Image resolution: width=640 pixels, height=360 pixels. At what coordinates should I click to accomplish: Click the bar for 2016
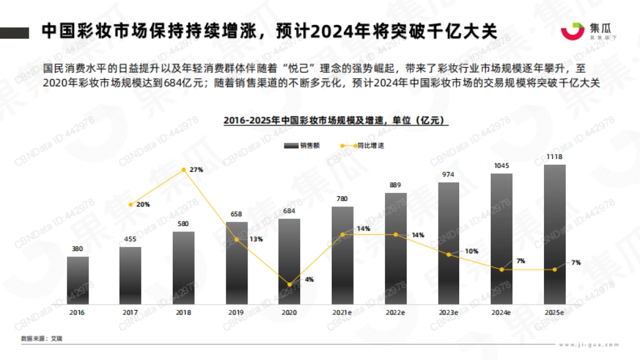[78, 280]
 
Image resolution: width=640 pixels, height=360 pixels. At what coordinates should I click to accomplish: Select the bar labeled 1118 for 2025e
[555, 234]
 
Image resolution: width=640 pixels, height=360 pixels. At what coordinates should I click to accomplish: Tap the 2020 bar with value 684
[289, 261]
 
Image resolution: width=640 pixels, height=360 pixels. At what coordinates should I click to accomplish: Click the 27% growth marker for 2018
[183, 170]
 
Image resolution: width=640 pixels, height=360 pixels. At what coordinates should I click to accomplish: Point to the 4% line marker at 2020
[290, 285]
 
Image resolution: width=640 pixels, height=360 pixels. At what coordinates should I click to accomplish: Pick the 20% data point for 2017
[131, 204]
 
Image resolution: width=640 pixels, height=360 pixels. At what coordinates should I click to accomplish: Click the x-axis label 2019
[236, 313]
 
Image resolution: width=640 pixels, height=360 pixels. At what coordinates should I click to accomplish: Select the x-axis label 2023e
[449, 313]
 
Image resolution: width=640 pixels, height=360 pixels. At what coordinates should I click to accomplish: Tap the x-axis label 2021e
[342, 313]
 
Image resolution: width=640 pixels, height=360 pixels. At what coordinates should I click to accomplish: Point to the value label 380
[78, 249]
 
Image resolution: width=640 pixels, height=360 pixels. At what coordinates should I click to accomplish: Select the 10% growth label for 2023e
[471, 251]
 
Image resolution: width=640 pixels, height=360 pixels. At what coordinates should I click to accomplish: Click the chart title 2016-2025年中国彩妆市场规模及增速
[336, 121]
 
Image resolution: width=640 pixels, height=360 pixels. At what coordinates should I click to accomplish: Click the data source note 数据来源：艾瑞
[42, 339]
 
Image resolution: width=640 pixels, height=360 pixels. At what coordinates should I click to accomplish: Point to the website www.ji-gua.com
[589, 345]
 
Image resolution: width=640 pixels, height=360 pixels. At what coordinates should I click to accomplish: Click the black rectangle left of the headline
[14, 33]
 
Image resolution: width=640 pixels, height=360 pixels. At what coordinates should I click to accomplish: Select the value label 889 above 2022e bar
[395, 186]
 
